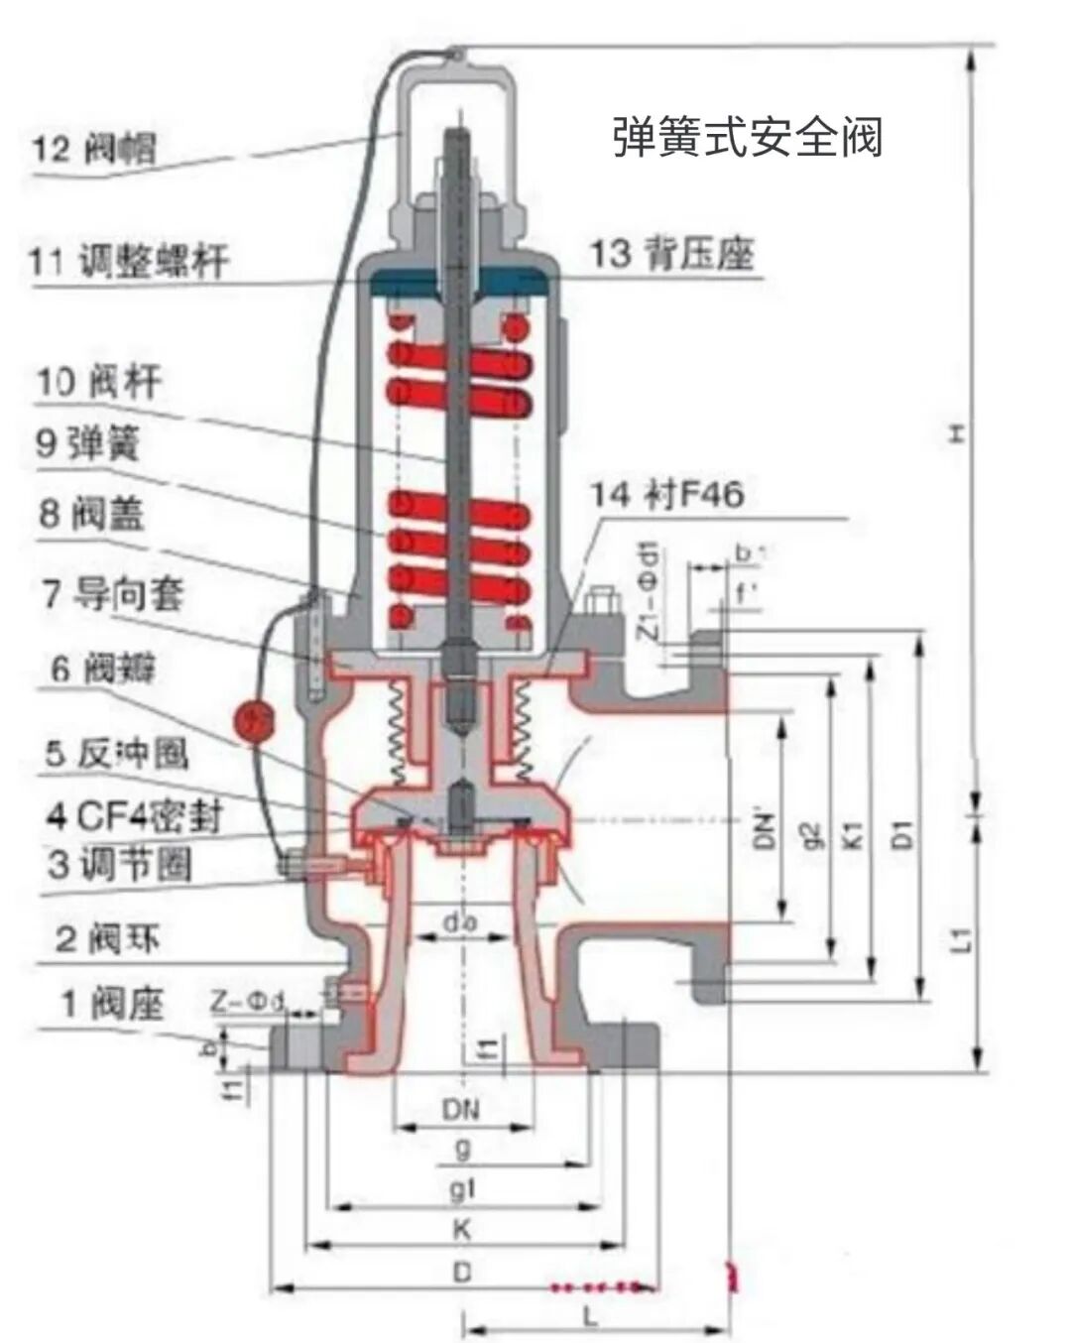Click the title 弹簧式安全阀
coord(747,136)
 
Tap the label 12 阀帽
coord(93,149)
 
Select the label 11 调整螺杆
coord(128,261)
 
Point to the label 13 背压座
coord(672,253)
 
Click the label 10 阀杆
coord(98,382)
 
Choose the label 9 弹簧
coord(88,442)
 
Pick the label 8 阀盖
coord(91,514)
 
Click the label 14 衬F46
coord(666,493)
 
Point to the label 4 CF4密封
coord(134,815)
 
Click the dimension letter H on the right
coord(956,433)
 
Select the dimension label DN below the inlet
coord(461,1109)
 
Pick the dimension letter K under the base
coord(462,1231)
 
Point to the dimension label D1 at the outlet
coord(903,833)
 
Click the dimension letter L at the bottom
coord(591,1317)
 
